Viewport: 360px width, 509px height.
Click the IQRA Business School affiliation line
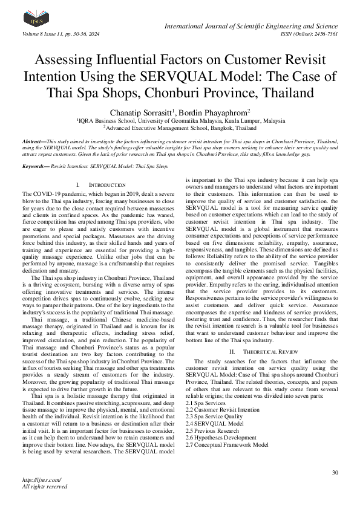coord(181,120)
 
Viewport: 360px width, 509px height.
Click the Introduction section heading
coord(101,184)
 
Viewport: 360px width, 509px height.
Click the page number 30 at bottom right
coord(335,472)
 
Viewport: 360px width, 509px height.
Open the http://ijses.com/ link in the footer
coord(37,481)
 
